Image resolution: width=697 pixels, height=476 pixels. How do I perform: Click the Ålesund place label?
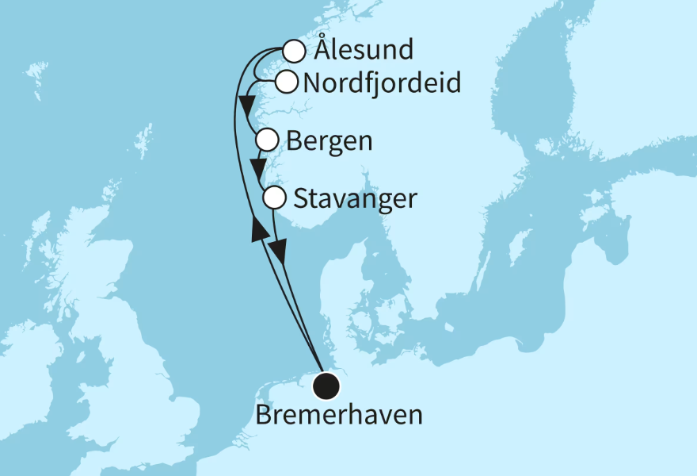[x=364, y=51]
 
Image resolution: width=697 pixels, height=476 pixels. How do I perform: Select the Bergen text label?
[x=329, y=142]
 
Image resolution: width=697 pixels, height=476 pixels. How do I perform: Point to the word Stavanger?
[x=355, y=198]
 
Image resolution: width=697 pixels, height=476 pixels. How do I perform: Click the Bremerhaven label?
[x=338, y=415]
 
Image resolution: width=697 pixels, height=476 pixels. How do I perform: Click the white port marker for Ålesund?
[x=294, y=52]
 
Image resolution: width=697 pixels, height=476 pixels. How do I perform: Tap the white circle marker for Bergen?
[x=268, y=141]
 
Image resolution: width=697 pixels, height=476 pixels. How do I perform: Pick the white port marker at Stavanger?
[x=274, y=197]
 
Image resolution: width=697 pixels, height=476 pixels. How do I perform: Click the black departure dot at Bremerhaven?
[x=326, y=386]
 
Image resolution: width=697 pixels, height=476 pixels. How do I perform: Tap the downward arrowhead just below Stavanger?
[x=278, y=251]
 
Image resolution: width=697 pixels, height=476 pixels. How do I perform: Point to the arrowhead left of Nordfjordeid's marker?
[x=246, y=103]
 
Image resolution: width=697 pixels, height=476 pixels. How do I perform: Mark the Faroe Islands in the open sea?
[x=36, y=72]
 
